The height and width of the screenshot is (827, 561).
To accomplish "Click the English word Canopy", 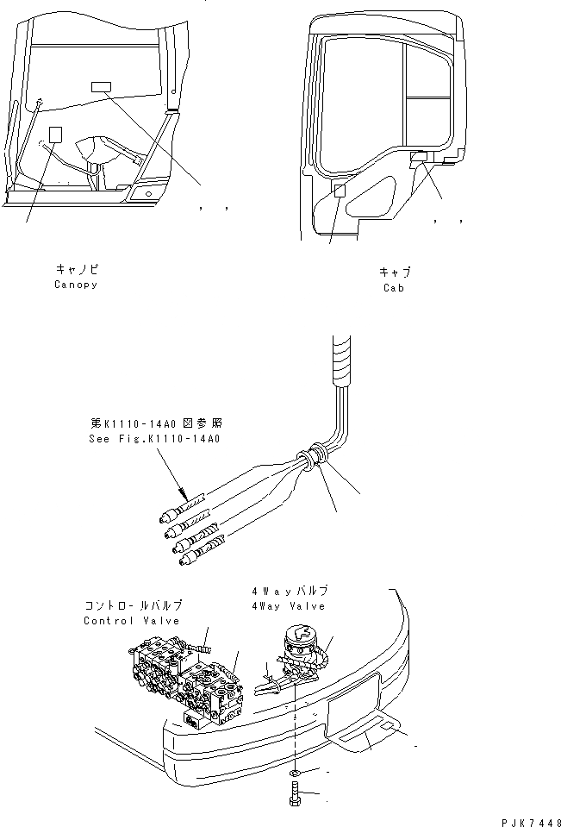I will click(75, 285).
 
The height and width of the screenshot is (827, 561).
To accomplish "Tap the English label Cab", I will click(394, 288).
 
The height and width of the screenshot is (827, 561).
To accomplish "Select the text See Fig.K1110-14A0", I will click(155, 439).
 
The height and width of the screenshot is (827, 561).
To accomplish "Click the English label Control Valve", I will click(132, 621).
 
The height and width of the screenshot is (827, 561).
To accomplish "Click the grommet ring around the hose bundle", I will click(315, 458).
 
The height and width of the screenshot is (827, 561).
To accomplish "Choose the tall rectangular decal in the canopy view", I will click(56, 135).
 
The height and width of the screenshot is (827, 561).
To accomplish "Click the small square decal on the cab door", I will click(340, 191).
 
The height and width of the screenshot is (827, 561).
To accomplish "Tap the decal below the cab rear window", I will click(419, 156).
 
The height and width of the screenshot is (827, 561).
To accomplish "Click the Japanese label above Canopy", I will click(75, 269).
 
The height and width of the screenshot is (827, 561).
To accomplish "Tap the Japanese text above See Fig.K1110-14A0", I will click(155, 423).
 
